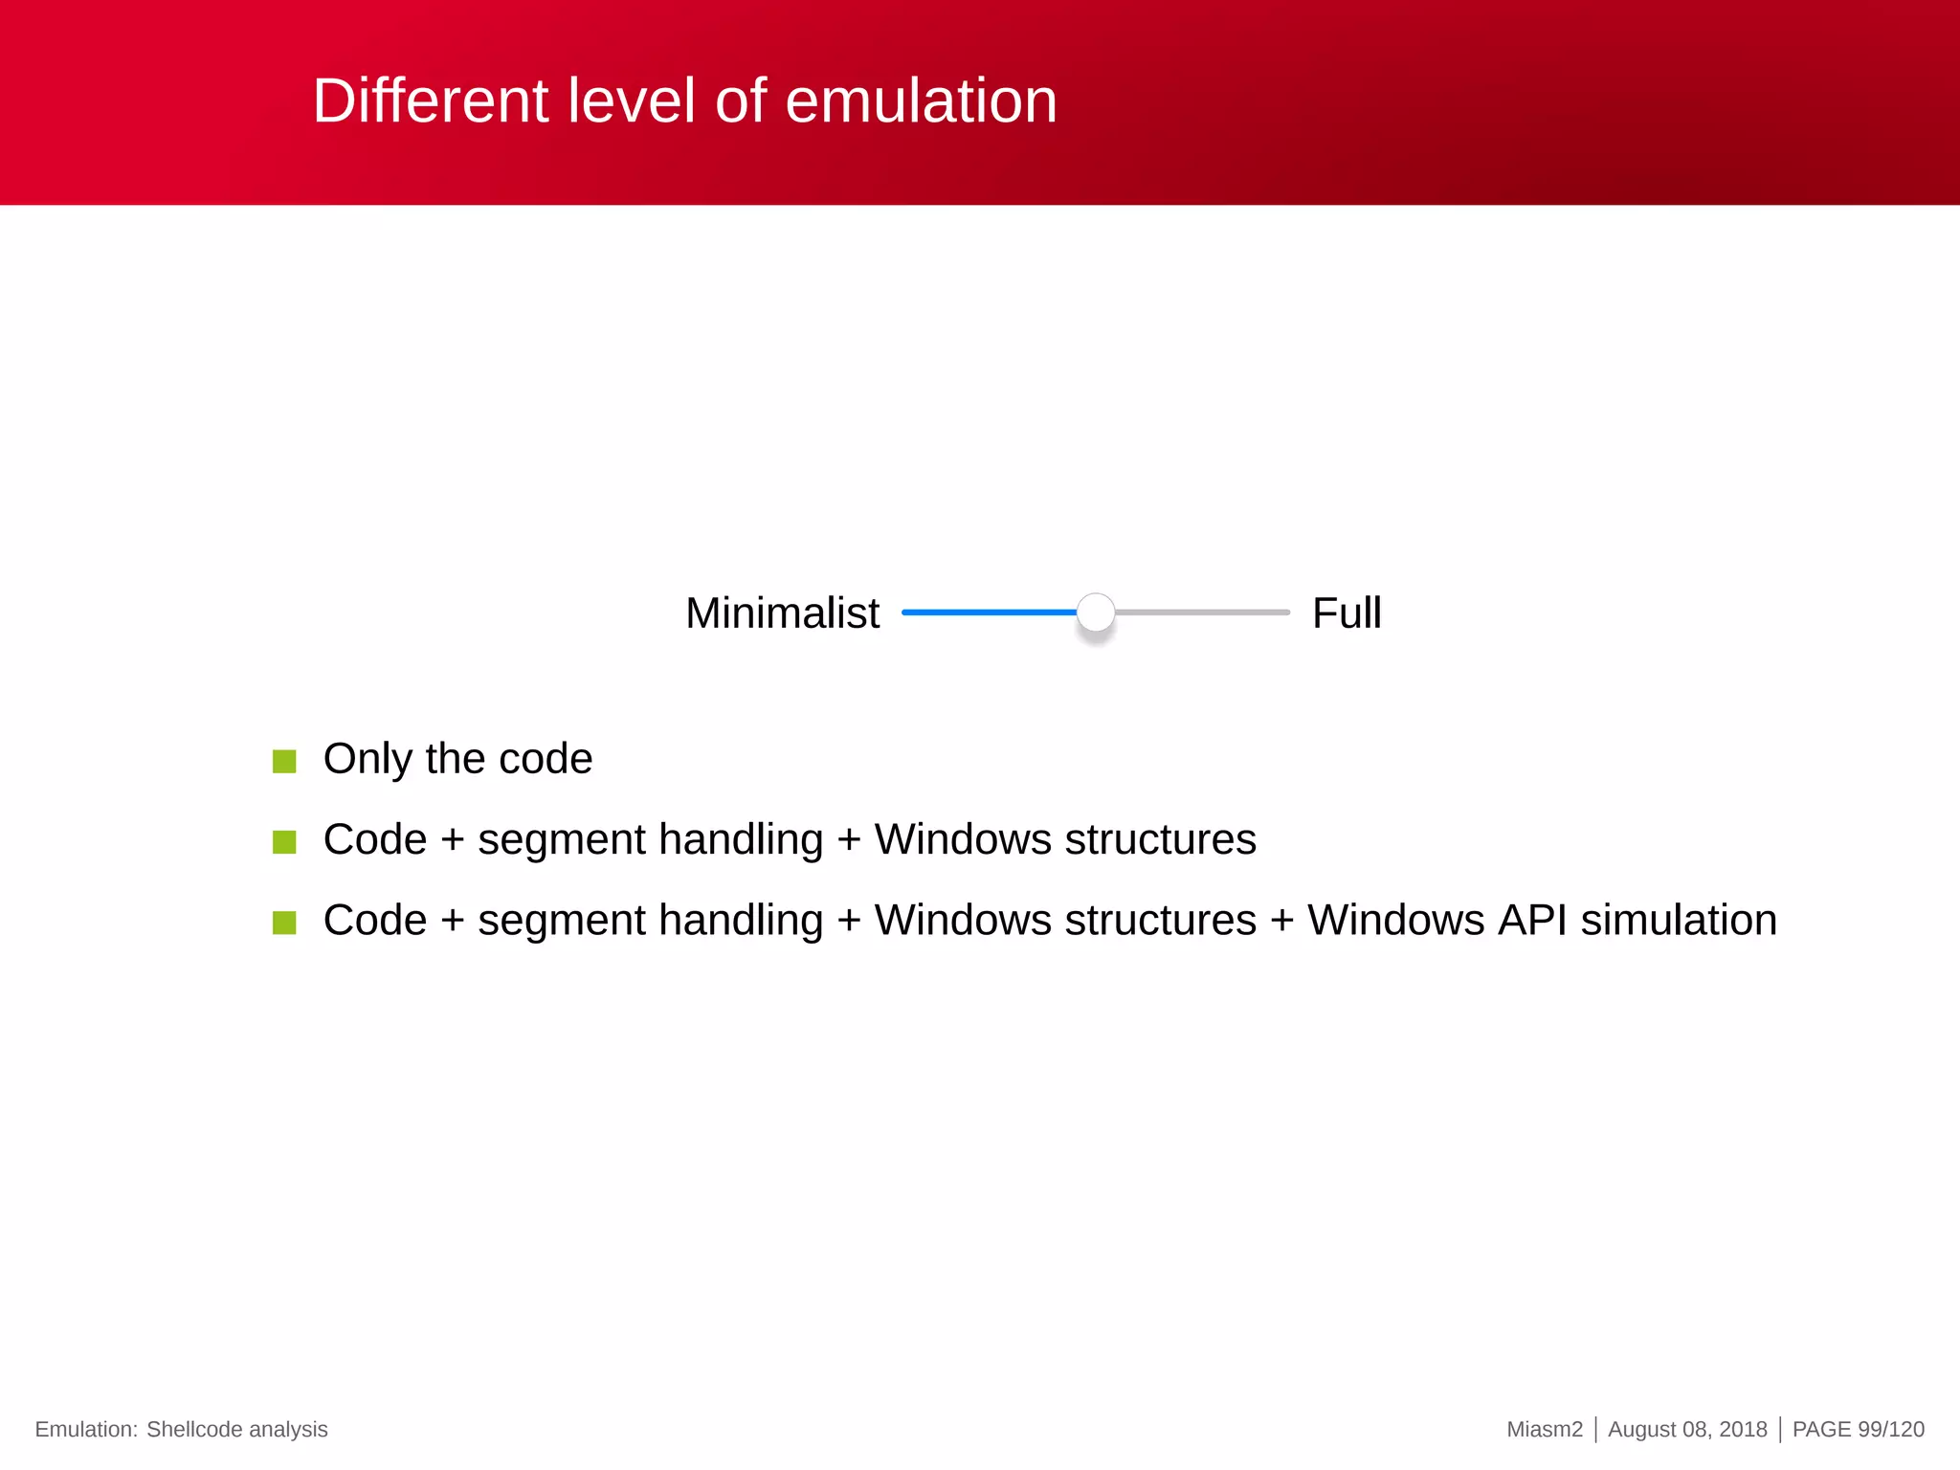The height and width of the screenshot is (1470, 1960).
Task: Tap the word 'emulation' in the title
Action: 921,100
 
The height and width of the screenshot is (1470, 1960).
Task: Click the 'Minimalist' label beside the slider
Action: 782,612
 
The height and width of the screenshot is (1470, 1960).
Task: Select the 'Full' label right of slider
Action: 1346,612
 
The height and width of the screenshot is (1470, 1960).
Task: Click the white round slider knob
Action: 1096,612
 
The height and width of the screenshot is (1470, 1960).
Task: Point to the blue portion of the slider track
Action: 988,612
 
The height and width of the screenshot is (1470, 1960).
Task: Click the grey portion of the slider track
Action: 1202,612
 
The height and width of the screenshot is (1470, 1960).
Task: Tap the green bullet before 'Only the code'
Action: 284,762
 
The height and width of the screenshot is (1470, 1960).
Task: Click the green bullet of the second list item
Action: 284,842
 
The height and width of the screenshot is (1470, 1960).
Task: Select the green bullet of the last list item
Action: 284,923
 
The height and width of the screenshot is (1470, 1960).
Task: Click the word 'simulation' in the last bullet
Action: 1679,920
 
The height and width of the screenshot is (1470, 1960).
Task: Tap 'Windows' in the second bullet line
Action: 963,839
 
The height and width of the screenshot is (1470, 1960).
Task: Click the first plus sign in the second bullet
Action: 452,841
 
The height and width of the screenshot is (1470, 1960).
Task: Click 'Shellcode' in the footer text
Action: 194,1429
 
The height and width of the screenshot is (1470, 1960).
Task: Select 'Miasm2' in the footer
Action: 1544,1429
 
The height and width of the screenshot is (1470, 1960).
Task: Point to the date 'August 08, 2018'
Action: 1686,1429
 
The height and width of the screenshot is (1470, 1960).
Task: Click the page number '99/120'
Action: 1890,1429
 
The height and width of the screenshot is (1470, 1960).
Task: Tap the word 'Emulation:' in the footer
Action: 86,1429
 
